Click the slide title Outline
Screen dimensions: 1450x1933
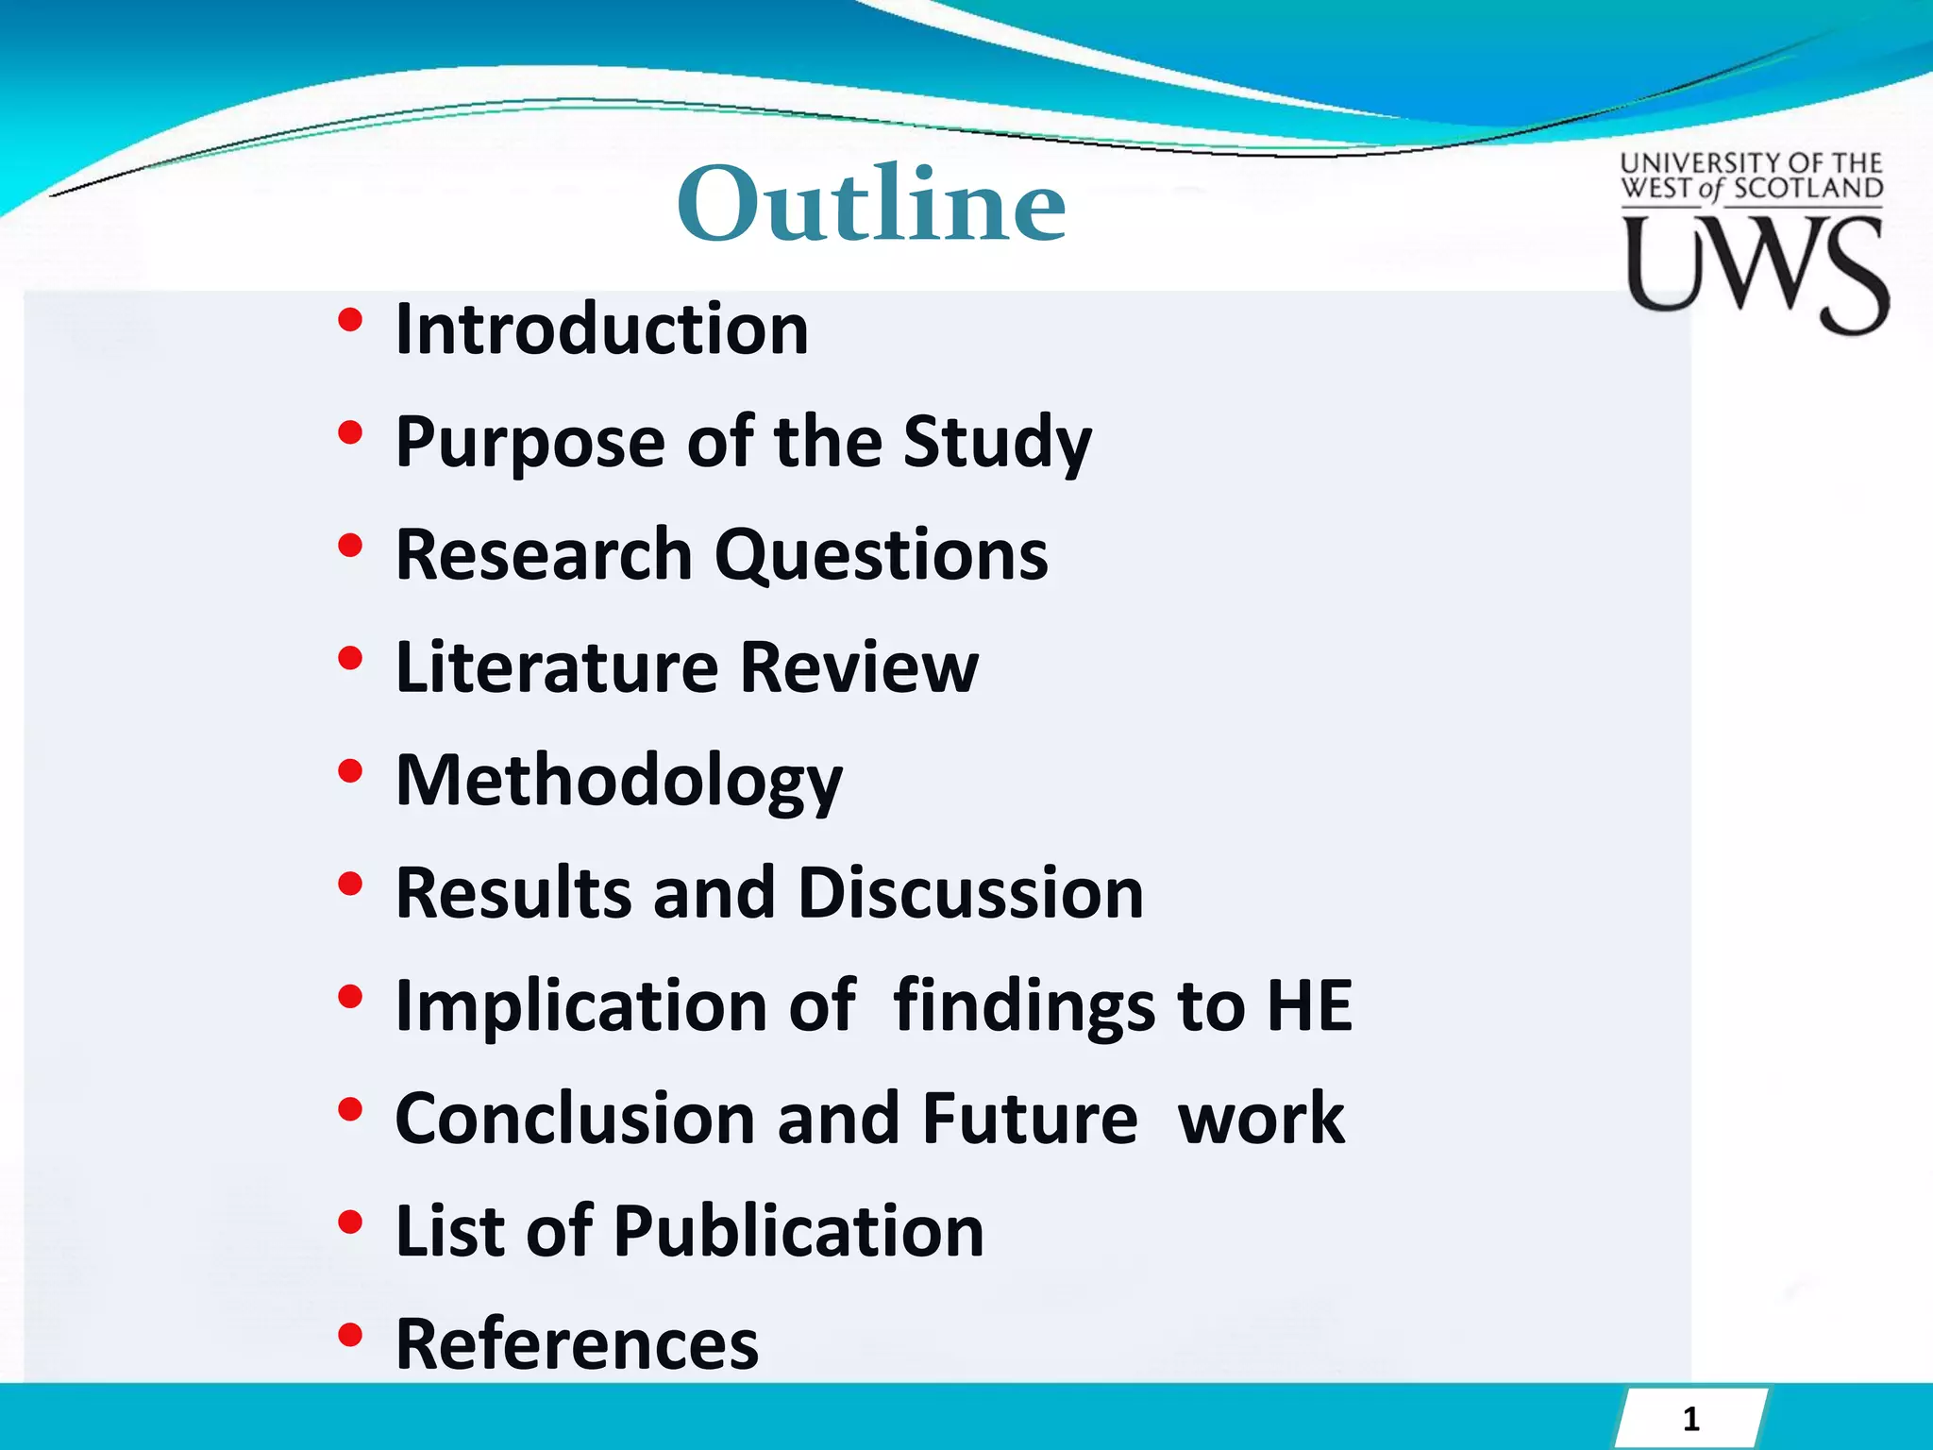[871, 204]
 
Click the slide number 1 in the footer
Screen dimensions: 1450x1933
[1690, 1419]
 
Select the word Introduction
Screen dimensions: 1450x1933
[601, 329]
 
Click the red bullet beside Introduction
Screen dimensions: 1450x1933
[350, 321]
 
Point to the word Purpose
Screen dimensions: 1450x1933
[529, 443]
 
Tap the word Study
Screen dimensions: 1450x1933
[997, 443]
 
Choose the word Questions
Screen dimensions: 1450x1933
[881, 555]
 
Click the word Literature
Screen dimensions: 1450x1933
[557, 667]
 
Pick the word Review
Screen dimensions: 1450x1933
[859, 667]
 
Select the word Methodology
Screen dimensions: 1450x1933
[618, 783]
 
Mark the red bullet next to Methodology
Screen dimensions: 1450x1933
[350, 771]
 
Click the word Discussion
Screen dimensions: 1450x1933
[970, 893]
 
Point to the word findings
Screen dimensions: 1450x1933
[1023, 1007]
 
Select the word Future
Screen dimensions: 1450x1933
[1030, 1119]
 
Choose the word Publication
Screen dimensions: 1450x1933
[798, 1231]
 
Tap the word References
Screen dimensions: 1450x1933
[577, 1343]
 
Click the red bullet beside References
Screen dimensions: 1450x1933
[350, 1335]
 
